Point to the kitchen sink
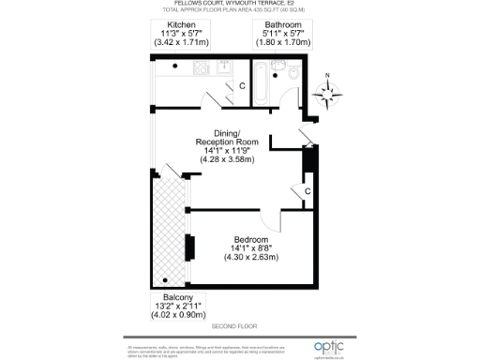coord(225,67)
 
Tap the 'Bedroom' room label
coord(253,240)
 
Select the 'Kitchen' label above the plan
coord(182,25)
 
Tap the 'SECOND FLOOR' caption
coord(234,325)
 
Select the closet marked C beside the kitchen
coord(241,86)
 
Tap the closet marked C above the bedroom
coord(307,191)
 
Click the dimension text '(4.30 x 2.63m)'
coord(253,260)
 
